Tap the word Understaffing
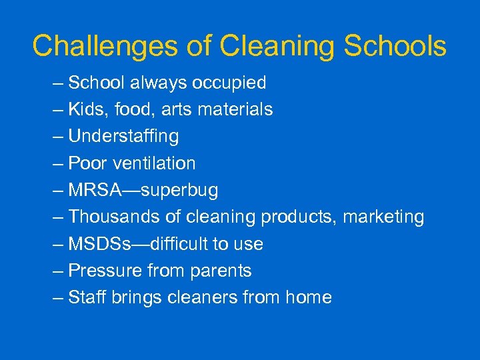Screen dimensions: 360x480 click(x=123, y=137)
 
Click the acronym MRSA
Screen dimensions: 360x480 click(x=95, y=190)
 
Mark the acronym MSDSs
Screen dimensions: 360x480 click(x=99, y=244)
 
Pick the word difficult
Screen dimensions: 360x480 click(x=178, y=244)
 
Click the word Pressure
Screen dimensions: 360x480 click(x=101, y=271)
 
